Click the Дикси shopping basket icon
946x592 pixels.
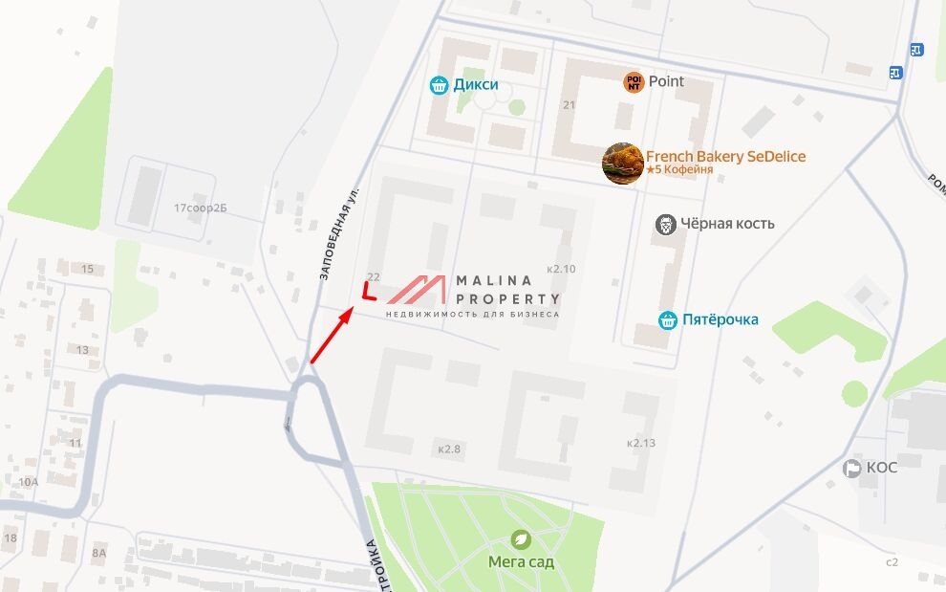(439, 85)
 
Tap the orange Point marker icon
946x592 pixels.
(634, 82)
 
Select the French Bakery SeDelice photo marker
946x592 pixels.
(622, 163)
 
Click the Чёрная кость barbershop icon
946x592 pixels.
(666, 225)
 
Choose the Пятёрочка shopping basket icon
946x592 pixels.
(668, 319)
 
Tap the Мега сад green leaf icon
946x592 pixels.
(521, 538)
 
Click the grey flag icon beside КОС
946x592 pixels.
(851, 468)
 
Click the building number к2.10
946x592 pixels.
(561, 269)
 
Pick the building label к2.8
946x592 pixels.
(449, 448)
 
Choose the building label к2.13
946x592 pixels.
(641, 443)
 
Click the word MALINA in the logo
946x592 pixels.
(494, 280)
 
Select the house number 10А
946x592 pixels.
(29, 482)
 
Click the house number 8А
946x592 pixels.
(98, 553)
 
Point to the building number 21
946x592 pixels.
(570, 105)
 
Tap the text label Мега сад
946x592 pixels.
(521, 562)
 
